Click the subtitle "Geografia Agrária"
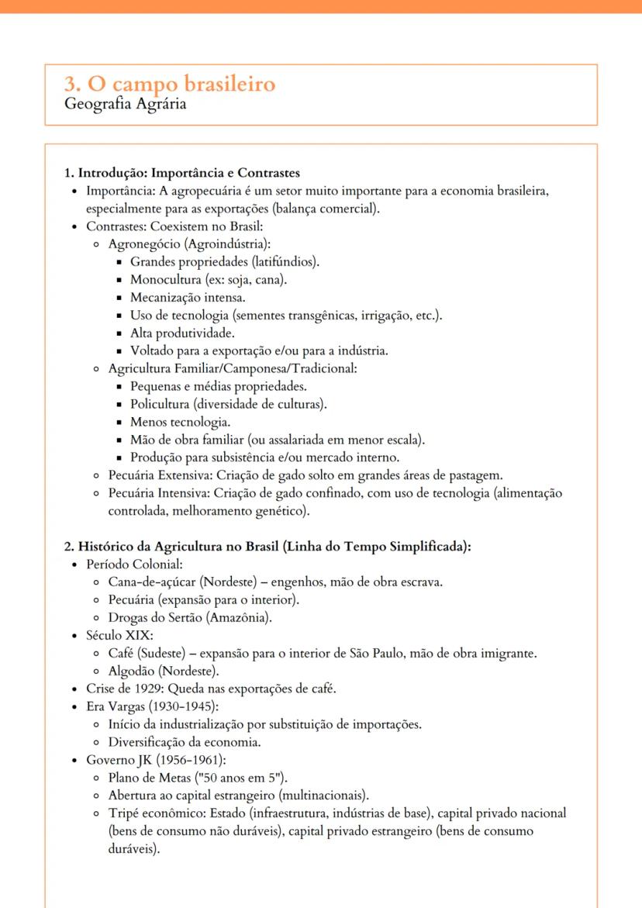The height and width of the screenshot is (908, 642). click(x=125, y=104)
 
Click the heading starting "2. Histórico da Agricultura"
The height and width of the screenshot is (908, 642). click(x=267, y=546)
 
